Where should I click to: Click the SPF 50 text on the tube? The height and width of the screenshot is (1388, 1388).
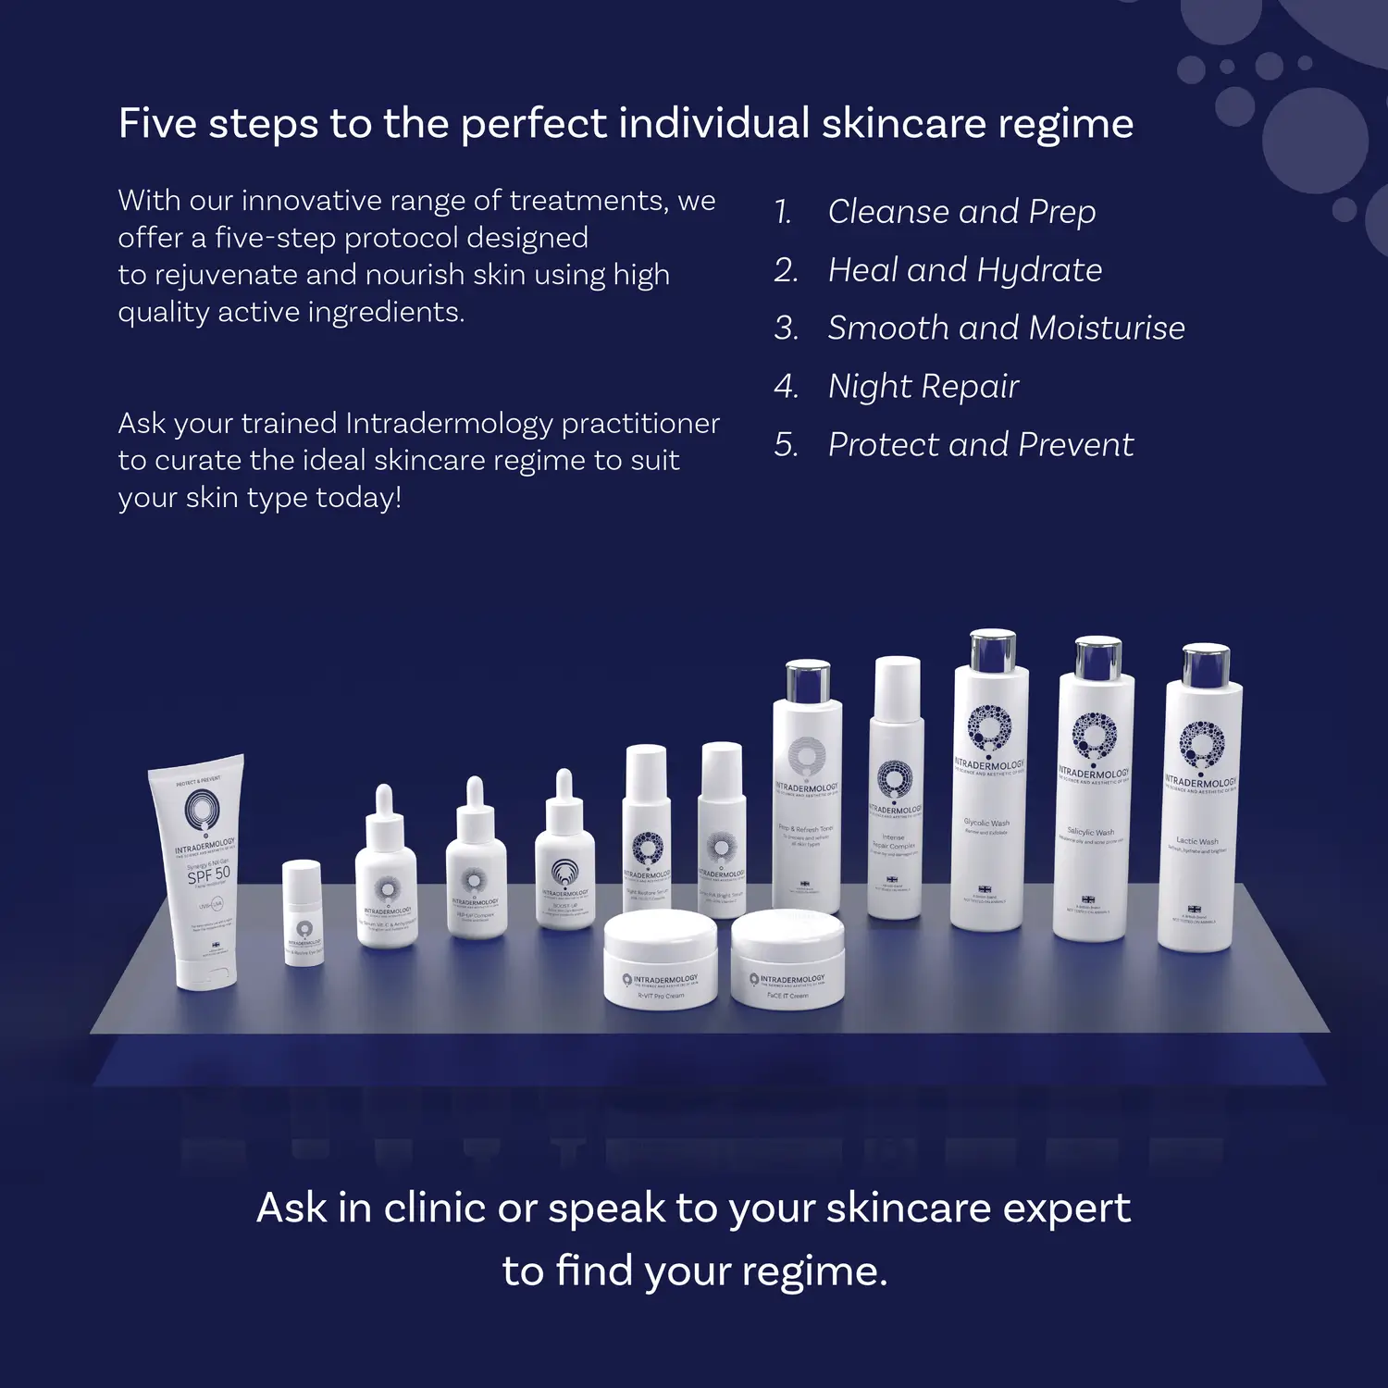tap(209, 874)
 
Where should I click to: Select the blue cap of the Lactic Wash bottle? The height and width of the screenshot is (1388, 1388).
tap(1206, 664)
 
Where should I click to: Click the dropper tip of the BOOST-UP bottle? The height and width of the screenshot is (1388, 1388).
tap(564, 782)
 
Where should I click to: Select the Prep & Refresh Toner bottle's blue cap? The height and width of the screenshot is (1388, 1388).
tap(807, 683)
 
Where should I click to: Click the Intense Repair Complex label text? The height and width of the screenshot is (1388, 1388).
tap(894, 842)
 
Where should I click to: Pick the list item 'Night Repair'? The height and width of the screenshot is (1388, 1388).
tap(923, 386)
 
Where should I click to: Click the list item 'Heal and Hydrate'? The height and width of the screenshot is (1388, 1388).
tap(964, 270)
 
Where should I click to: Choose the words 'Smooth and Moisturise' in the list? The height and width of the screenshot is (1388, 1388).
tap(1006, 328)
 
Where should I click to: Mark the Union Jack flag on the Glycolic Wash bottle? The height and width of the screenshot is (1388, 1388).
tap(985, 889)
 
